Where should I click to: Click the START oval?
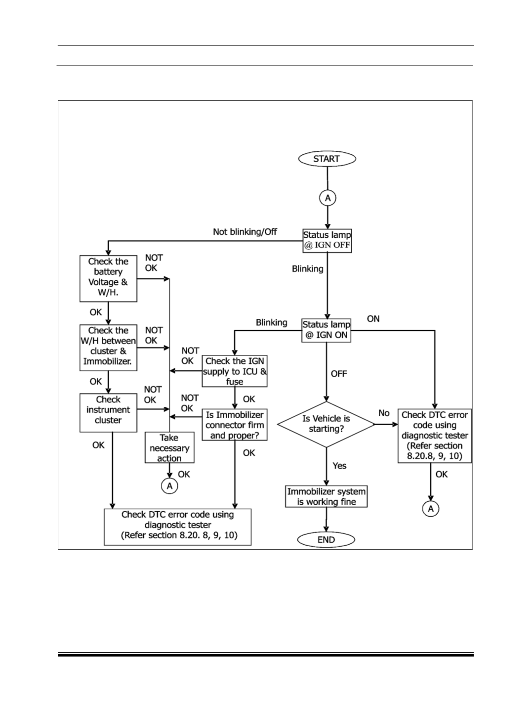point(327,159)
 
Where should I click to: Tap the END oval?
point(326,540)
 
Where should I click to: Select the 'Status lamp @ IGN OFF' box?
point(327,241)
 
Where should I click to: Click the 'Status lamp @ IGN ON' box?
point(327,330)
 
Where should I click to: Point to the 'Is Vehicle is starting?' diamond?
point(326,424)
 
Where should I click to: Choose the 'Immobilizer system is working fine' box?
point(327,496)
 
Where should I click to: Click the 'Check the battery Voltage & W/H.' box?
point(108,278)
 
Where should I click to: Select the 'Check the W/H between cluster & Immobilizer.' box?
point(108,348)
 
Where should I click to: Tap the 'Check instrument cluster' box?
point(108,413)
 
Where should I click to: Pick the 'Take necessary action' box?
point(169,447)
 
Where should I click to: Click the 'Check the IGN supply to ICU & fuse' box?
point(235,371)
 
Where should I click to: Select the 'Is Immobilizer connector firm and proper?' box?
point(235,424)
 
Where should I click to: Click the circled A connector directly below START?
point(327,198)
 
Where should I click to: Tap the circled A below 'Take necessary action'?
point(169,486)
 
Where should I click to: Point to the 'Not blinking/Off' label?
point(245,231)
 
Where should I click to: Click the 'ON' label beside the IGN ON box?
point(373,319)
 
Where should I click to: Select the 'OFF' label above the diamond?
point(339,374)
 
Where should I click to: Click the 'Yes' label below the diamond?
point(339,466)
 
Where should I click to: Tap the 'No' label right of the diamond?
point(384,413)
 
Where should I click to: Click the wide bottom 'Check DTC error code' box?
point(177,527)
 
